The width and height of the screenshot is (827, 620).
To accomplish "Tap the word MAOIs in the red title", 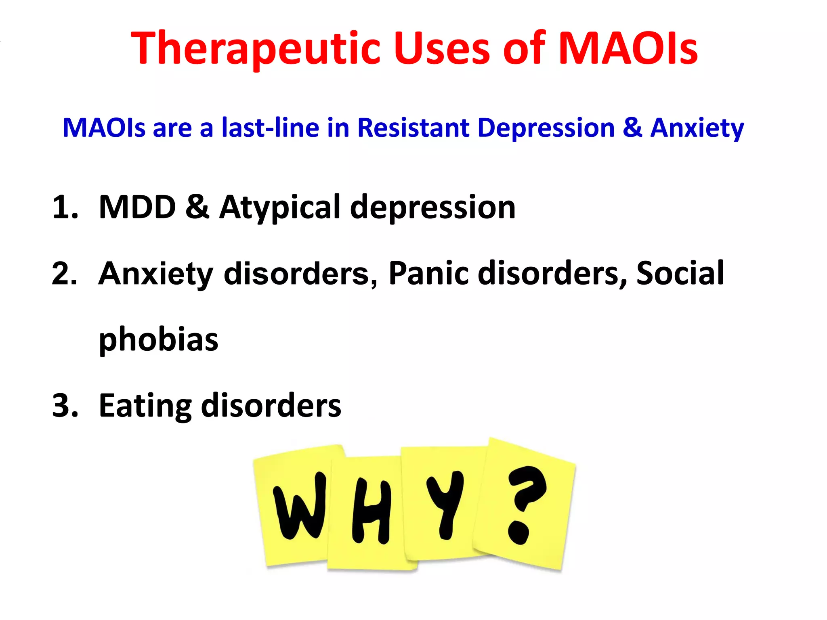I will point(628,48).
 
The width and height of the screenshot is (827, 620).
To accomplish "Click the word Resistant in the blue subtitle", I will point(413,128).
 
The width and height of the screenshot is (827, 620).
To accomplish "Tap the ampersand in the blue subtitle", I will point(632,128).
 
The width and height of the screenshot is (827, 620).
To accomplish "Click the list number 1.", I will point(65,207).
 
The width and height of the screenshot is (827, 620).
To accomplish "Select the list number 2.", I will point(65,274).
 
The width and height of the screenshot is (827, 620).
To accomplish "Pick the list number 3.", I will point(65,405).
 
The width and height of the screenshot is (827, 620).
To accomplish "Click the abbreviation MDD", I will point(137,207).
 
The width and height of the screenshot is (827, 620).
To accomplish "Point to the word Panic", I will point(428,274).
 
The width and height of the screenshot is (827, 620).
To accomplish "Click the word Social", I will point(680,274).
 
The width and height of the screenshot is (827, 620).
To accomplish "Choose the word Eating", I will point(145,406).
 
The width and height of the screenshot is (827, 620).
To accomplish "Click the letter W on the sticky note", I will point(300,506).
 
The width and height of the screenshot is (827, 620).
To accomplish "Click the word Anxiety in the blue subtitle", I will point(697,128).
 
